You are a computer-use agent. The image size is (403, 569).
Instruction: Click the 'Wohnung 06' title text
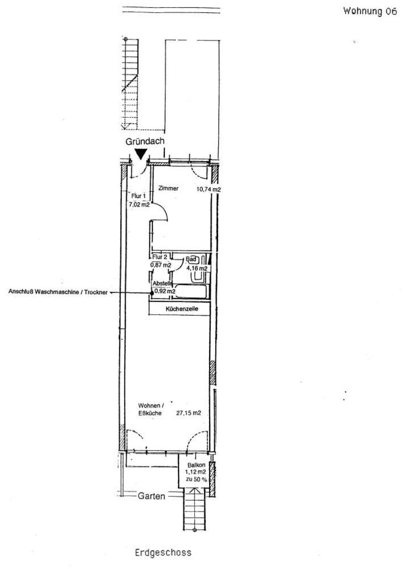pos(370,12)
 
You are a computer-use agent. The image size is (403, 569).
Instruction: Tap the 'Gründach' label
pos(145,141)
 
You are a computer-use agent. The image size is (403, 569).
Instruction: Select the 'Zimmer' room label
pos(168,188)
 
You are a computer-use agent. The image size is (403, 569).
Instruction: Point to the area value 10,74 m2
pos(208,189)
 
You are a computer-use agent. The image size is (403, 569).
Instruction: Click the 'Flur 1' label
pos(138,196)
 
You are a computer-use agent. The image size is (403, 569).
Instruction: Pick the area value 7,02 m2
pos(139,205)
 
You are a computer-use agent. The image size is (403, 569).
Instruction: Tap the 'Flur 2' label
pos(160,257)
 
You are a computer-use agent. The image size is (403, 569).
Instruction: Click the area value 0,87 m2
pos(161,265)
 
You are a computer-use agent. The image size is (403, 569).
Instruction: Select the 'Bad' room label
pos(191,259)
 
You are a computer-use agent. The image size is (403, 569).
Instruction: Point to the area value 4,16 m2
pos(197,268)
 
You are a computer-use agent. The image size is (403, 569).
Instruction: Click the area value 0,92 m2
pos(165,291)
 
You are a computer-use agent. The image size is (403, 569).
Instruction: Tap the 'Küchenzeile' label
pos(182,309)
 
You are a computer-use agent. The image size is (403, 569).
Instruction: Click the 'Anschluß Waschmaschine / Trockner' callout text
pos(58,292)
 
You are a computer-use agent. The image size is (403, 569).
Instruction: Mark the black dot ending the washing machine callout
pos(152,292)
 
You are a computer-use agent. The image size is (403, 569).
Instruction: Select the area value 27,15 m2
pos(189,413)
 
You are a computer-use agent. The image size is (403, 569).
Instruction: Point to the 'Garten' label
pos(151,496)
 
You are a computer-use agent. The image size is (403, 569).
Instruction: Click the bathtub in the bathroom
pos(192,291)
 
